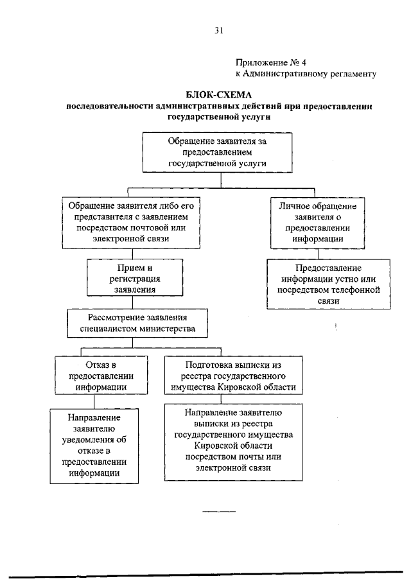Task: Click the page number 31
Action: click(218, 30)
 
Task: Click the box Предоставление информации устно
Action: click(328, 284)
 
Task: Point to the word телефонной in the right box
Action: click(356, 289)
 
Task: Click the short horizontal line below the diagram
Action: click(219, 511)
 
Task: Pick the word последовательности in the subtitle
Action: click(107, 107)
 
